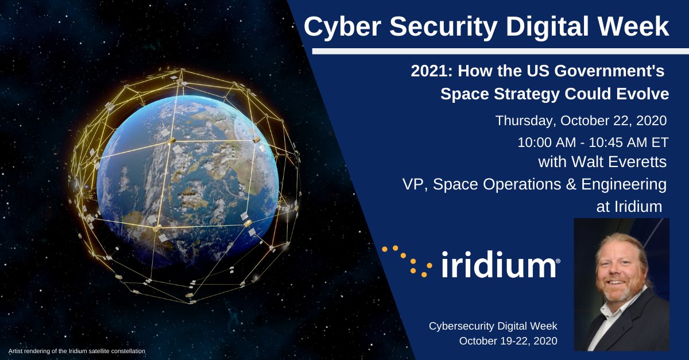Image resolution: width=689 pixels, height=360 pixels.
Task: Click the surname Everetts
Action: [638, 162]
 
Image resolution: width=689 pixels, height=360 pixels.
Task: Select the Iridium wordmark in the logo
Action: [500, 266]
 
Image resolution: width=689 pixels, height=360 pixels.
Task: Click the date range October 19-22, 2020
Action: [508, 341]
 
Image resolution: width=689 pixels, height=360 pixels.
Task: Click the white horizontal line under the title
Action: [500, 51]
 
